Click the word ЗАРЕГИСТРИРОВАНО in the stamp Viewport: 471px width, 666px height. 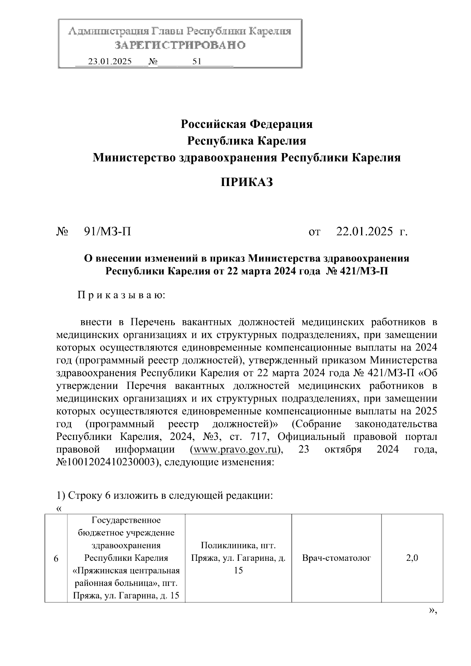click(180, 46)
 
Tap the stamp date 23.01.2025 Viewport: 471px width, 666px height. click(110, 62)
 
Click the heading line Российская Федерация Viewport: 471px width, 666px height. click(246, 124)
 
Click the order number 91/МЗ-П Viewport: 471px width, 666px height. click(108, 232)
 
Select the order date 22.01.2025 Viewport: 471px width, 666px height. click(365, 232)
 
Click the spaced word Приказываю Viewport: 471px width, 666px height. click(121, 295)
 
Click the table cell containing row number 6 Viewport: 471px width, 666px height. click(56, 558)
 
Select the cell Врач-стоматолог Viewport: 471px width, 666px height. click(336, 558)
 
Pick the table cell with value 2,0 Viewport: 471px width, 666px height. click(412, 558)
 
